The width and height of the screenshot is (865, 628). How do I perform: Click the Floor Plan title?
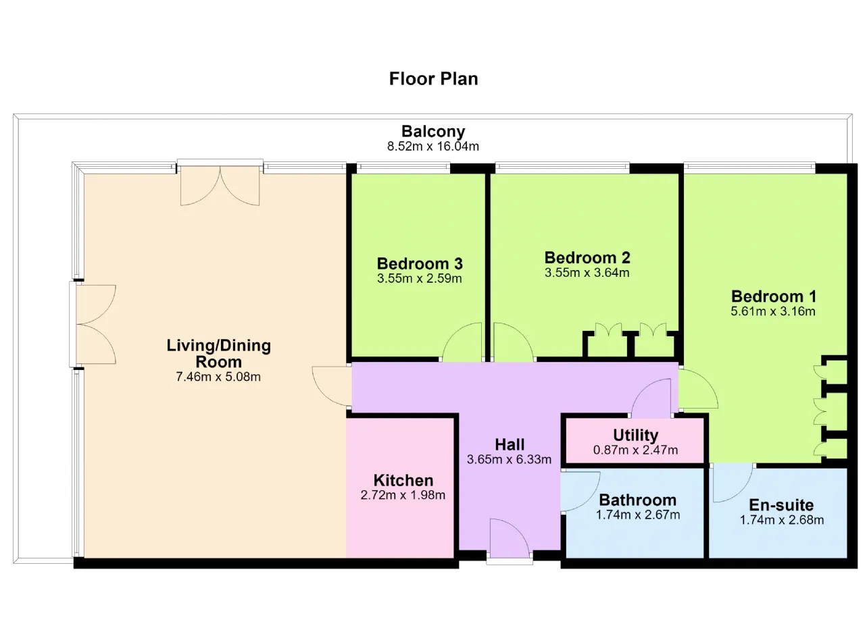click(x=433, y=79)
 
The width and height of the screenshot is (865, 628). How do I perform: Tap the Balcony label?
click(x=433, y=131)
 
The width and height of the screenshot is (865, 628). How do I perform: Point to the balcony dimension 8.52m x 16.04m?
click(x=433, y=147)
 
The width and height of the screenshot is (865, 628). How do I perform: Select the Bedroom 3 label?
click(x=420, y=264)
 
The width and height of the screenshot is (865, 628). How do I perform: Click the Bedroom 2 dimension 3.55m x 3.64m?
click(x=587, y=273)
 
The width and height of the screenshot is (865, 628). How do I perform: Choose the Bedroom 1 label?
click(x=774, y=296)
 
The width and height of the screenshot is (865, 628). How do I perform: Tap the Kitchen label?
click(x=403, y=481)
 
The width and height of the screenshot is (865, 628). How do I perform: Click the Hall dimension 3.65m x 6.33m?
click(x=509, y=459)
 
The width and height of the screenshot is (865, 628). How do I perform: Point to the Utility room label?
click(x=636, y=436)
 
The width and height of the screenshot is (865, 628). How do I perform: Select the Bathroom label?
click(x=638, y=500)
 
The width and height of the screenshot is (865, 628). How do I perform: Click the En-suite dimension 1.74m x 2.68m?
click(x=782, y=520)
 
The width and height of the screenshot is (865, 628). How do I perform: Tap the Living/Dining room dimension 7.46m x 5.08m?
click(x=218, y=377)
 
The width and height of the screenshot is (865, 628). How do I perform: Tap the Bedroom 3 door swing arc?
click(x=453, y=332)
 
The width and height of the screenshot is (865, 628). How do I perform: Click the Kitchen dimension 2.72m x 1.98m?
click(x=403, y=495)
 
